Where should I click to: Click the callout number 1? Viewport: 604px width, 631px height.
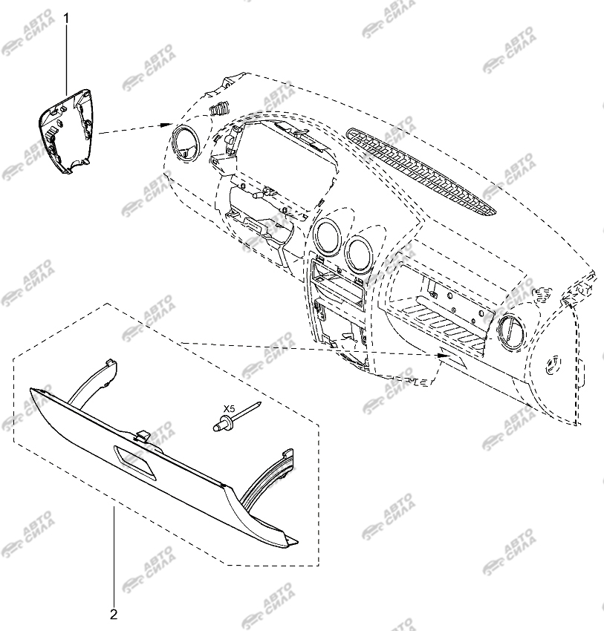tap(68, 19)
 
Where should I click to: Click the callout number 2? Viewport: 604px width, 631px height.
tap(114, 614)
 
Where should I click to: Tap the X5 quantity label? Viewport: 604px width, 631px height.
tap(229, 409)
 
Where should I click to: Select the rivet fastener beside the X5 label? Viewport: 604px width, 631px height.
tap(236, 417)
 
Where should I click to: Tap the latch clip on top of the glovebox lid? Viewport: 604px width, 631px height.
tap(143, 436)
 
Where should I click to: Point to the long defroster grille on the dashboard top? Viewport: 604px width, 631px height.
tap(421, 171)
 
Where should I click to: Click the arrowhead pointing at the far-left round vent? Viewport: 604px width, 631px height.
tap(166, 125)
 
